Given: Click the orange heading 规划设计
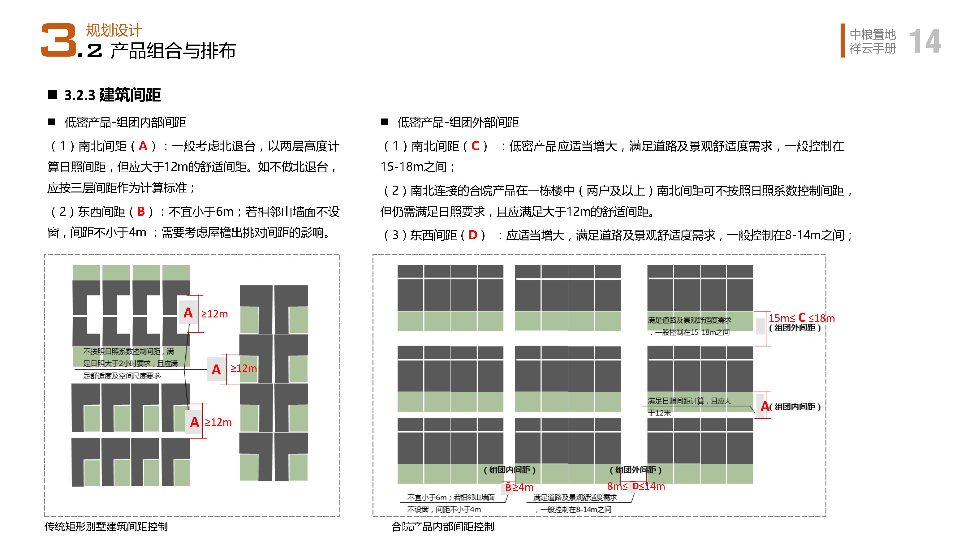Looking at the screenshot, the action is (x=114, y=30).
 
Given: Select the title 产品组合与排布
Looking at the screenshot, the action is (x=173, y=51).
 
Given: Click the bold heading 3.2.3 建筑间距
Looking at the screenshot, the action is (x=112, y=95).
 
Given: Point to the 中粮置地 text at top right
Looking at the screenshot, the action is (x=872, y=34).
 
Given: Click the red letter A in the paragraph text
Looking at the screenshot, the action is (x=143, y=146).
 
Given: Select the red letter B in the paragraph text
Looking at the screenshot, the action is (x=141, y=212).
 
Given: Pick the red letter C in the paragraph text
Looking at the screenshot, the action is (x=475, y=146).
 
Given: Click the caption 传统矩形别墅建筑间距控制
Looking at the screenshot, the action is (x=106, y=527).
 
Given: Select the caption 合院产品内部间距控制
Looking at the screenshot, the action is (x=443, y=527).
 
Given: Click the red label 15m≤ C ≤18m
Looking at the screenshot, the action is (x=801, y=318).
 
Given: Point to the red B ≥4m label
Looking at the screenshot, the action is (x=519, y=487).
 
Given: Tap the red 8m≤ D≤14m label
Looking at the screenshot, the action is (x=636, y=486).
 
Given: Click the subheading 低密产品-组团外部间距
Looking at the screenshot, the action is (x=458, y=122).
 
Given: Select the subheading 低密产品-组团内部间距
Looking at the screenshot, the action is (x=125, y=122).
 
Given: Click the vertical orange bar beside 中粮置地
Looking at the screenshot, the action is (x=842, y=41).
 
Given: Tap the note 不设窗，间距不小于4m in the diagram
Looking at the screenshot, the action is (x=444, y=509).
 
